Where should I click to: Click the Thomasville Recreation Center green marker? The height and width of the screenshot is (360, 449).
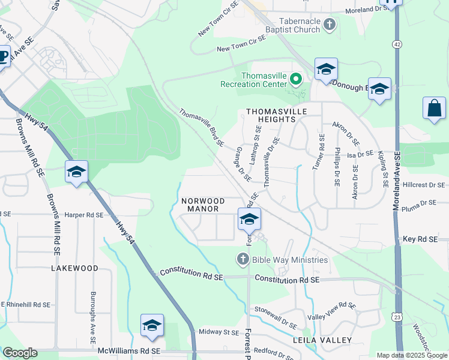coord(296,79)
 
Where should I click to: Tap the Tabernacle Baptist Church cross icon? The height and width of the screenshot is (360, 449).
coord(328,25)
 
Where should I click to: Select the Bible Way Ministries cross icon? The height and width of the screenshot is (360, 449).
coord(243,259)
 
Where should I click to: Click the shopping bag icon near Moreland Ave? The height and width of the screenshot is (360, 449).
coord(434,109)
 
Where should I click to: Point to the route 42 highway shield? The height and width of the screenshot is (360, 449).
coord(397,44)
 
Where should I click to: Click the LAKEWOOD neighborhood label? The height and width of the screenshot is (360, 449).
coord(74,268)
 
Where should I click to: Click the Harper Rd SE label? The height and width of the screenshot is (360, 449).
coord(84,214)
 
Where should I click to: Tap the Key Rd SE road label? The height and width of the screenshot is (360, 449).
coord(421,239)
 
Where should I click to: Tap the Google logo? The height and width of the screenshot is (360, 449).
coord(20,352)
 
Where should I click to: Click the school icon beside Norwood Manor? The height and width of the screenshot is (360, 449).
coord(249,220)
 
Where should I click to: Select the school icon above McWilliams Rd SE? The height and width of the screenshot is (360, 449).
coord(152,326)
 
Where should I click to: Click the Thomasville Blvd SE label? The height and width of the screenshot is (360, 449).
coord(201,128)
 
